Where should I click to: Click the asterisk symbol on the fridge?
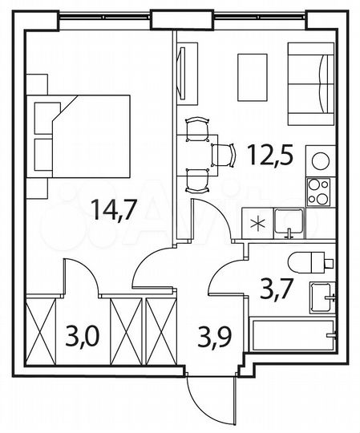point(257,222)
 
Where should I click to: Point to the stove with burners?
point(321,193)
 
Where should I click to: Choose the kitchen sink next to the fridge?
point(287,222)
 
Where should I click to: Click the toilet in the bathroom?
point(313,260)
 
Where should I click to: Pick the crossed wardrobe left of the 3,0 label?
point(40,331)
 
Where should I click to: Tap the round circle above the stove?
point(320,160)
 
